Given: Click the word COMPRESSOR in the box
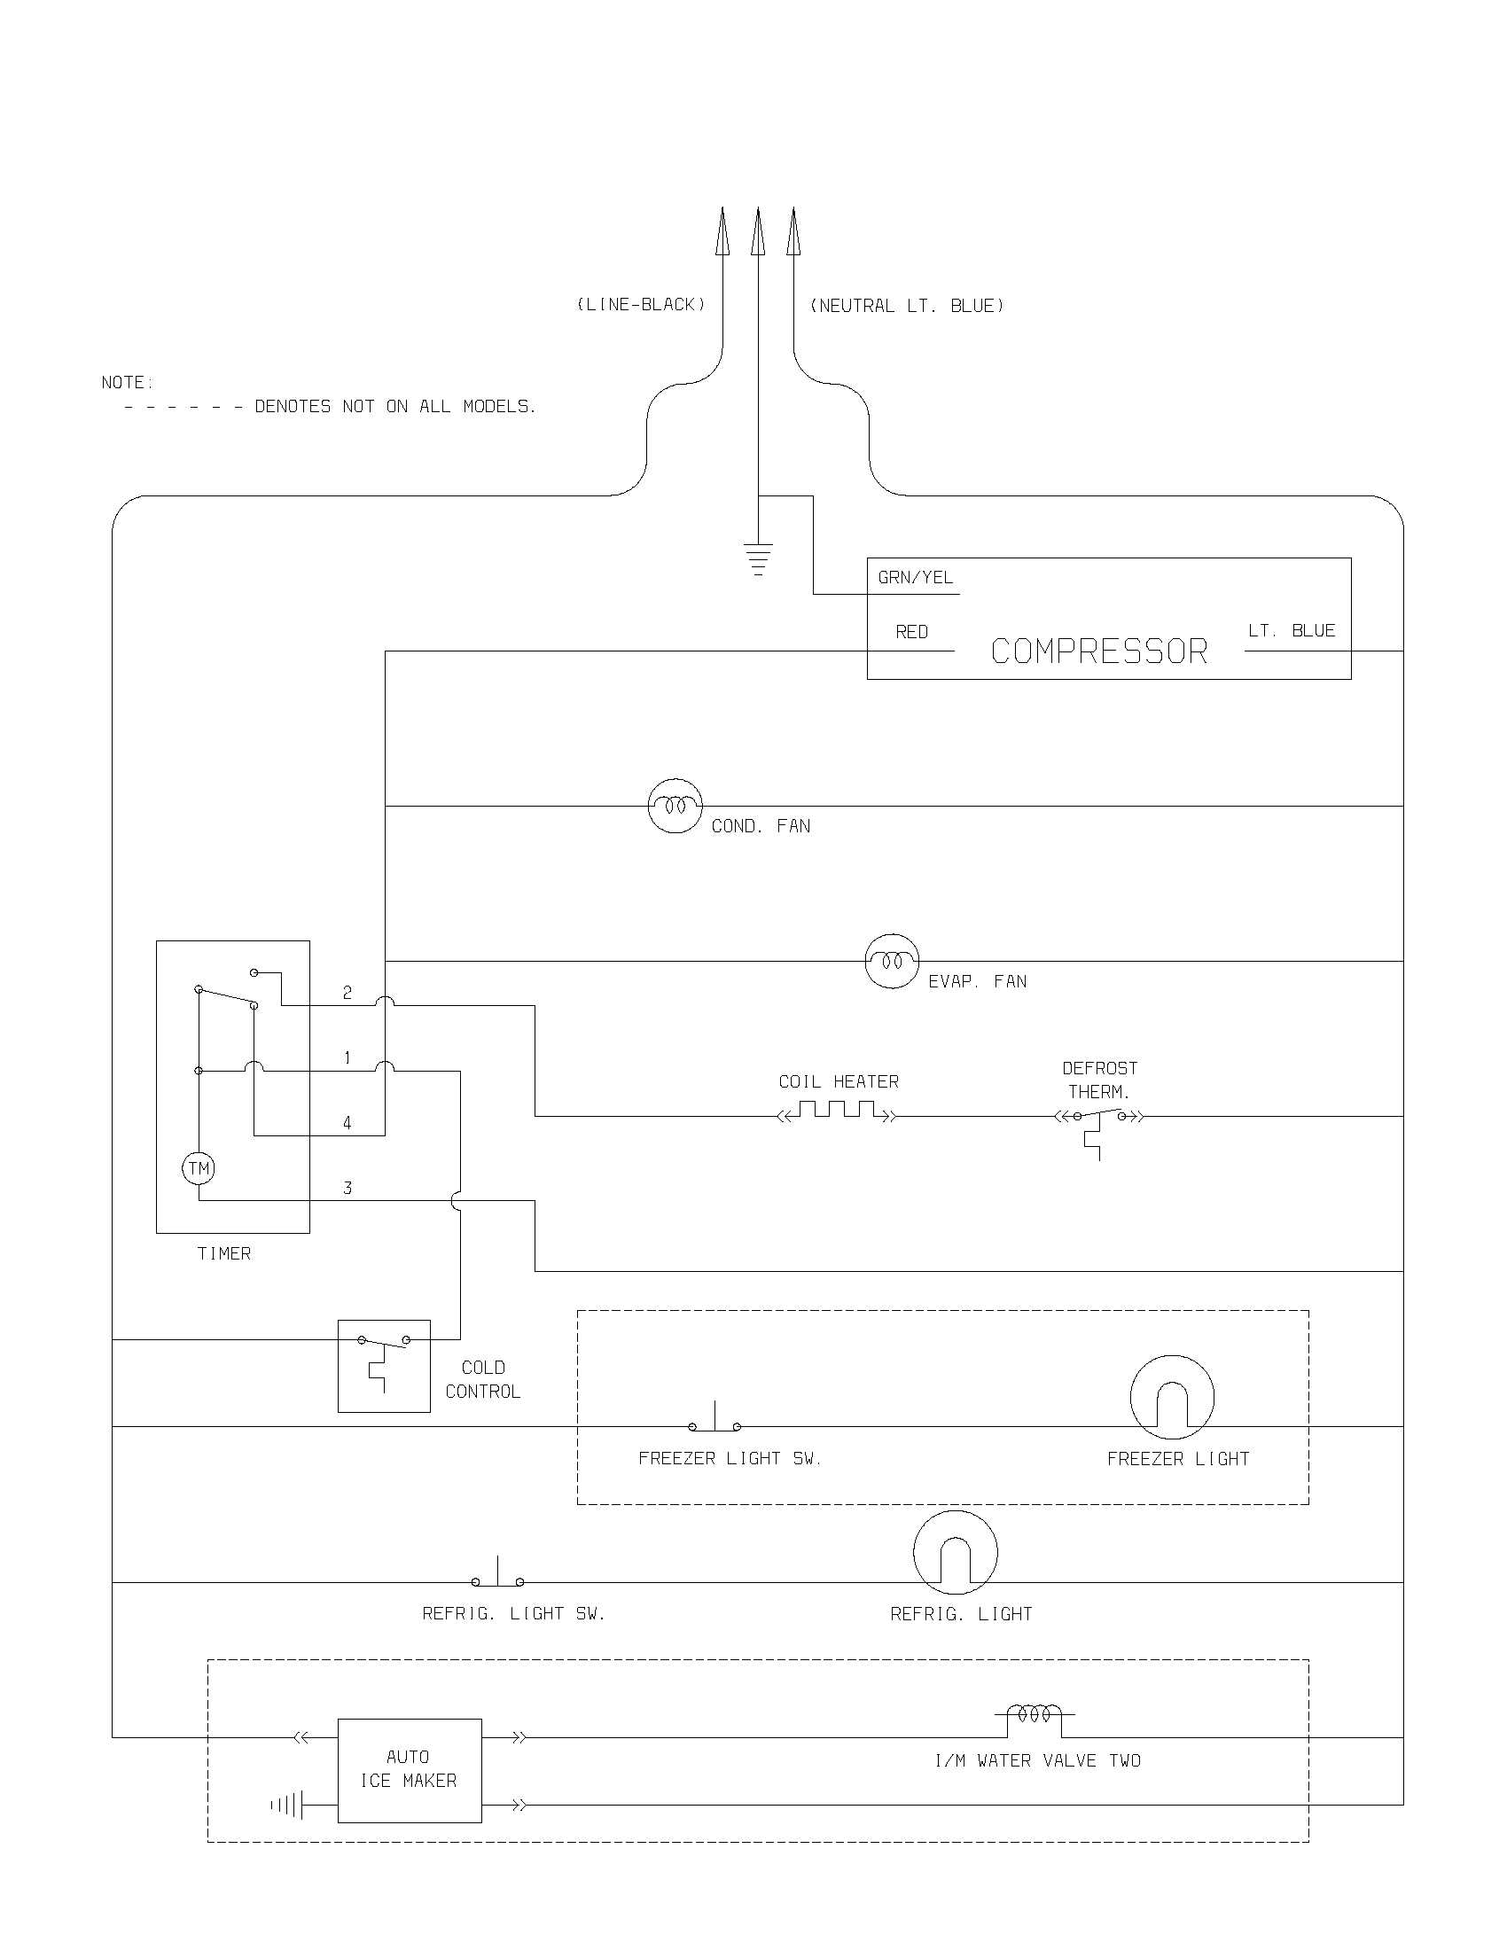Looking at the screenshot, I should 1099,651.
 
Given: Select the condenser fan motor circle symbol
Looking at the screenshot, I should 675,806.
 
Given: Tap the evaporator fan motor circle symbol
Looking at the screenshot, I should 892,961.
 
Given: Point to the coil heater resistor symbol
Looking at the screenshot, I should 837,1111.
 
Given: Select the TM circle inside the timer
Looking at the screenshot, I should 199,1168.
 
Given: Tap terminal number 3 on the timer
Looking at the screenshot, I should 347,1188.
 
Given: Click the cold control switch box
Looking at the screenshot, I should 384,1366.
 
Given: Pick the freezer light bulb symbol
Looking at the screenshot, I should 1172,1397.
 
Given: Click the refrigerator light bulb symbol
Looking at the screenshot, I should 956,1553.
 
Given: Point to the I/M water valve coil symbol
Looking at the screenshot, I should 1035,1714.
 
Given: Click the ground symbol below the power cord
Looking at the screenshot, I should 758,558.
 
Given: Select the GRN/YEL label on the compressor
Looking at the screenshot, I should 915,578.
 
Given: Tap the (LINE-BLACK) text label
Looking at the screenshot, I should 641,304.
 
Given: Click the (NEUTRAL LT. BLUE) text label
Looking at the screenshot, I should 906,306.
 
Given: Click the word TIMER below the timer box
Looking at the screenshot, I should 224,1253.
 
